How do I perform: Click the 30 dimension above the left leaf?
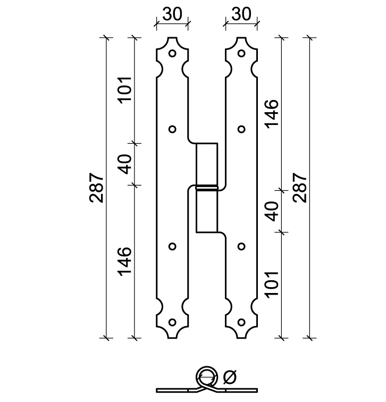tap(172, 14)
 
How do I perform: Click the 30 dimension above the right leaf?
tap(241, 14)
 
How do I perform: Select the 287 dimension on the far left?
tap(97, 188)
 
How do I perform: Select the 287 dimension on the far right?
tap(300, 188)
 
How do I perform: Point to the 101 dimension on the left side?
tap(125, 90)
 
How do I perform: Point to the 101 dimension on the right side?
tap(272, 284)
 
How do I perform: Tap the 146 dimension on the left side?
tap(125, 262)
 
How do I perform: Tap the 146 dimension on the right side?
tap(272, 114)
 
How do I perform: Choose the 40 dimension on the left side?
tap(125, 164)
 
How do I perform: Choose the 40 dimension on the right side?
tap(272, 211)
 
